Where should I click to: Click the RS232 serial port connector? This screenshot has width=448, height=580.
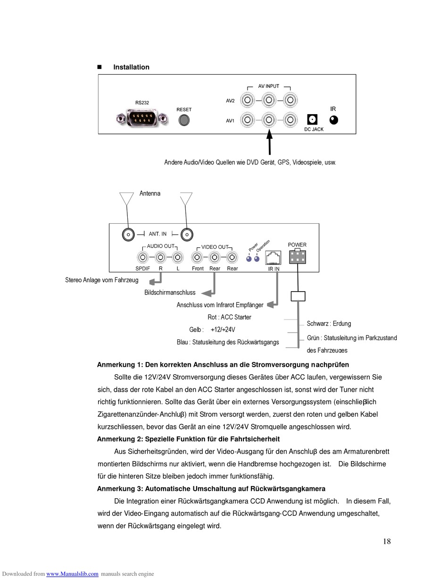coord(142,118)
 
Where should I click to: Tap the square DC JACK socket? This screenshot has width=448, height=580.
coord(312,119)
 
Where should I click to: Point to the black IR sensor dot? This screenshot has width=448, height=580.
coord(333,120)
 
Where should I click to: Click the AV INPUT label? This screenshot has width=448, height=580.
coord(268,86)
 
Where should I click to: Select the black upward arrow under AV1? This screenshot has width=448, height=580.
coord(270,142)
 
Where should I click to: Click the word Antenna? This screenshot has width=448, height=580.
coord(150,193)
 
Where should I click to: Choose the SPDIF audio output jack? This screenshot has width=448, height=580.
coord(143,257)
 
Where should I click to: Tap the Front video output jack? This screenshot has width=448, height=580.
coord(197,257)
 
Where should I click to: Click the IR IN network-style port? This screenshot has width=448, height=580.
coord(273,258)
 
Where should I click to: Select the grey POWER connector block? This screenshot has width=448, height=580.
coord(298,257)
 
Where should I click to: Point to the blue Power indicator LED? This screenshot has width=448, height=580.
coord(249,259)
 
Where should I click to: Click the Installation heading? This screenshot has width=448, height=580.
coord(131,67)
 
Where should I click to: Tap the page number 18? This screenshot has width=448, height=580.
coord(387,541)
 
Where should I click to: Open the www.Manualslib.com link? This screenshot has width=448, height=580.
coord(72,574)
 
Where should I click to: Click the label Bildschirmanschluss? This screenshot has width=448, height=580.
coord(170,293)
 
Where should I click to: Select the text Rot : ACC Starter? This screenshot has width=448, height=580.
coord(229,317)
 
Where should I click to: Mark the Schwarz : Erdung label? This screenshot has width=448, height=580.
coord(329,323)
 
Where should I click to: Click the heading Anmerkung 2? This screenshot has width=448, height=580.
coord(188,439)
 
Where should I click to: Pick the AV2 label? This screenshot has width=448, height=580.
coord(230,101)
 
